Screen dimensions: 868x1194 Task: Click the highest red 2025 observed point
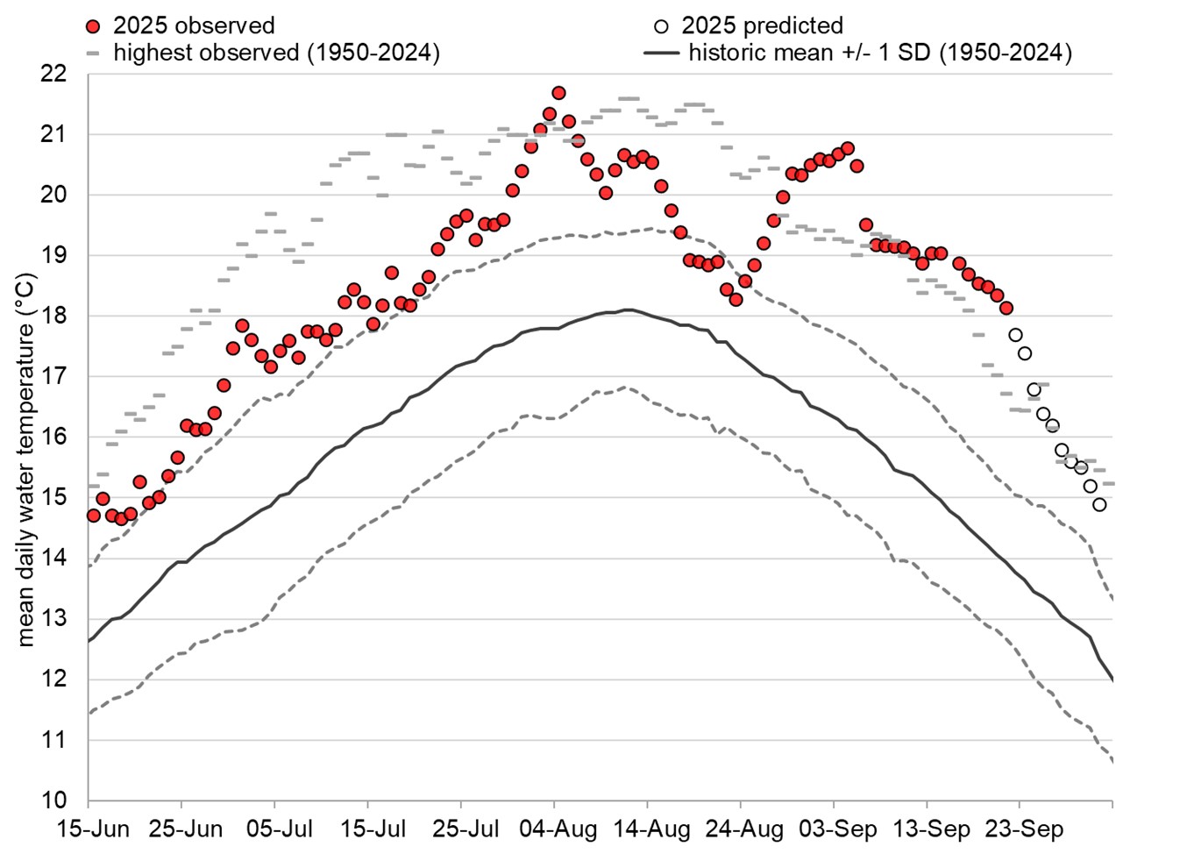tap(558, 93)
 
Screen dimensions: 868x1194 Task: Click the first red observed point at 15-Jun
tap(93, 516)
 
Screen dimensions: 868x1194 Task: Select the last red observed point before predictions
tap(1006, 308)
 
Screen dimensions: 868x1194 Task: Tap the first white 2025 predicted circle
tap(1015, 335)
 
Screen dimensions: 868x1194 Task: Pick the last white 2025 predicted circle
tap(1099, 505)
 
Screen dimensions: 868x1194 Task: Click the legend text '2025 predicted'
tap(762, 25)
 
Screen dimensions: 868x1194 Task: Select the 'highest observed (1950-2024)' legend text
tap(276, 53)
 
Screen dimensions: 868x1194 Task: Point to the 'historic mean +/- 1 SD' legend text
tap(879, 53)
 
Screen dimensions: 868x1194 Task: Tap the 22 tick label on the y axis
tap(54, 74)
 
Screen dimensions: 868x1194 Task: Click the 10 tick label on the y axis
tap(54, 800)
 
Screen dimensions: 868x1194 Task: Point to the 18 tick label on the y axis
tap(54, 316)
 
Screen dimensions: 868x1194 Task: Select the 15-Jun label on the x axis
tap(93, 829)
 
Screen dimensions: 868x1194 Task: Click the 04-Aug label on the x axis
tap(558, 829)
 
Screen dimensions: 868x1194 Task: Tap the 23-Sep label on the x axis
tap(1024, 829)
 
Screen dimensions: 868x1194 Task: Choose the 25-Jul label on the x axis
tap(466, 829)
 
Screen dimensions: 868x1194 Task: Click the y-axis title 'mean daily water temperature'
tap(25, 460)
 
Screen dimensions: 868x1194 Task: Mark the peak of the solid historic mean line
tap(628, 309)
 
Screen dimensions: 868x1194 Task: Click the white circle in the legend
tap(662, 25)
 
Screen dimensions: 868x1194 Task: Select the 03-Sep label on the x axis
tap(838, 829)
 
